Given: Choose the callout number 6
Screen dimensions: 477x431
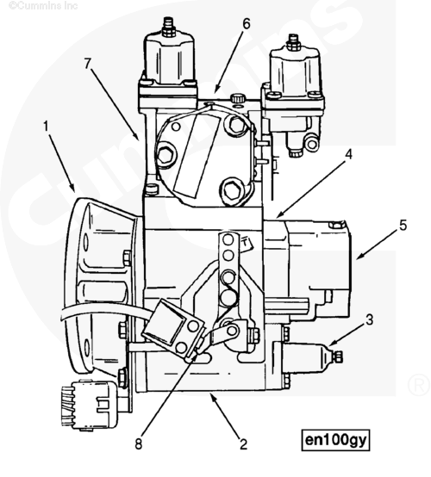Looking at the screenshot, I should (x=246, y=24).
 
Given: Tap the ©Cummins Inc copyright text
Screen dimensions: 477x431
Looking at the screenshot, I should (x=34, y=6).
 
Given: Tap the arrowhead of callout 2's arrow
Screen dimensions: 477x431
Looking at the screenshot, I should (x=210, y=395).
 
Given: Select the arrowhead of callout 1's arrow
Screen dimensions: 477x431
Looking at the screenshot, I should (x=77, y=191).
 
